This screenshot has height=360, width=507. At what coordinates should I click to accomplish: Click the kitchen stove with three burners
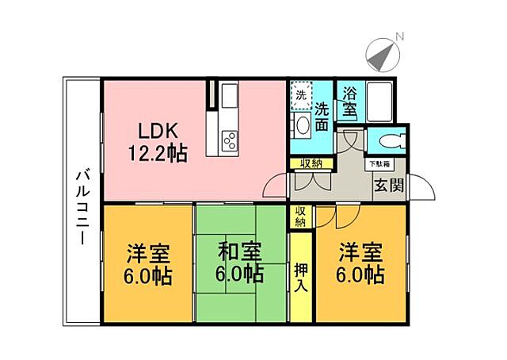(230, 141)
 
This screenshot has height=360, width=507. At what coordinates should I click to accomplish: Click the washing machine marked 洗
(301, 94)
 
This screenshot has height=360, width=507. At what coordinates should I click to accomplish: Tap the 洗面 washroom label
(322, 116)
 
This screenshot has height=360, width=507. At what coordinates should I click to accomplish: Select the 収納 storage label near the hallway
(311, 164)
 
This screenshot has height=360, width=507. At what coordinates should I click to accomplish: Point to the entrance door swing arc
(425, 190)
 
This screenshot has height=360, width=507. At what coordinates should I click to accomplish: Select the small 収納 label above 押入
(301, 216)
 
